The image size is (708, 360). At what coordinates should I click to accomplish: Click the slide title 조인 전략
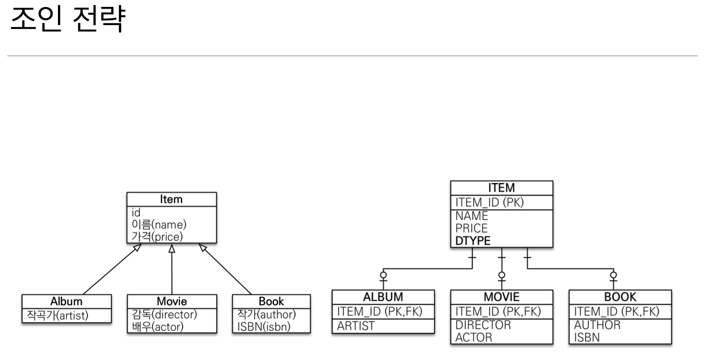tap(68, 19)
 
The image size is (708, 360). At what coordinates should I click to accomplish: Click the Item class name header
tap(171, 199)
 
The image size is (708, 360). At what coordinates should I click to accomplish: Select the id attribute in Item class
tap(136, 212)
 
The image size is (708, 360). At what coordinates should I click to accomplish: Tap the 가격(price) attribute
tap(157, 237)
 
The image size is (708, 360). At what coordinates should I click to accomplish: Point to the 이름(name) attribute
tap(159, 225)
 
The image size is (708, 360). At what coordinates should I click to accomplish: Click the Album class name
tap(66, 301)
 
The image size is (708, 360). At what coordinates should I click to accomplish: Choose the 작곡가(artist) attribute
tap(58, 315)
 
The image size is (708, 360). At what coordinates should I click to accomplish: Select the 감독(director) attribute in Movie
tap(164, 314)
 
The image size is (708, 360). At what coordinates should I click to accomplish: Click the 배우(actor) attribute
tap(158, 327)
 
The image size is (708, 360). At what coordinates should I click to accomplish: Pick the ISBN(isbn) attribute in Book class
tap(264, 327)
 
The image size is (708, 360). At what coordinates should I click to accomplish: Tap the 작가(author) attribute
tap(266, 314)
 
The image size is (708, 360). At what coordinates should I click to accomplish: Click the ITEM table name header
tap(502, 188)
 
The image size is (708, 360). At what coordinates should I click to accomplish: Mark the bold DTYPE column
tap(473, 241)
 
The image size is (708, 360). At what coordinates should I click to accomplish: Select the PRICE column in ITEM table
tap(471, 228)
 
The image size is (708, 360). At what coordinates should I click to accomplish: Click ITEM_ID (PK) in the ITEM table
tap(489, 202)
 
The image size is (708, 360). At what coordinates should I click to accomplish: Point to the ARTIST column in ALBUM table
tap(356, 326)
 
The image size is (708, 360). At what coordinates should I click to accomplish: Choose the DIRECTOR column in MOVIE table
tap(483, 325)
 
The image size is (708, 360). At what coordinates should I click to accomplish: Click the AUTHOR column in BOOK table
tap(597, 325)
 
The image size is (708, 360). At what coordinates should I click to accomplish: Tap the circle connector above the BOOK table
tap(613, 275)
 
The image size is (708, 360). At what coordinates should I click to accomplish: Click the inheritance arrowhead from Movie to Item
tap(172, 248)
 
